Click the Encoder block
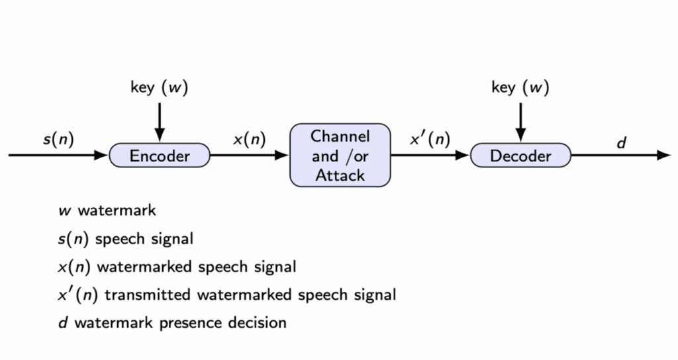159,156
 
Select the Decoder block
520,156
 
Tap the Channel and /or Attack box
340,156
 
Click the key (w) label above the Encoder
159,87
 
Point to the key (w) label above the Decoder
520,87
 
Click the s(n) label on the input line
58,140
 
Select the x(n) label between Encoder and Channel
249,140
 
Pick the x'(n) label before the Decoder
430,140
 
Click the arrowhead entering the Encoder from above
159,135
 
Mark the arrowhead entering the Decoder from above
520,135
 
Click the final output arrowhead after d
664,156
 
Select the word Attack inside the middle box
340,175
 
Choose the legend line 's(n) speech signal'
125,239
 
